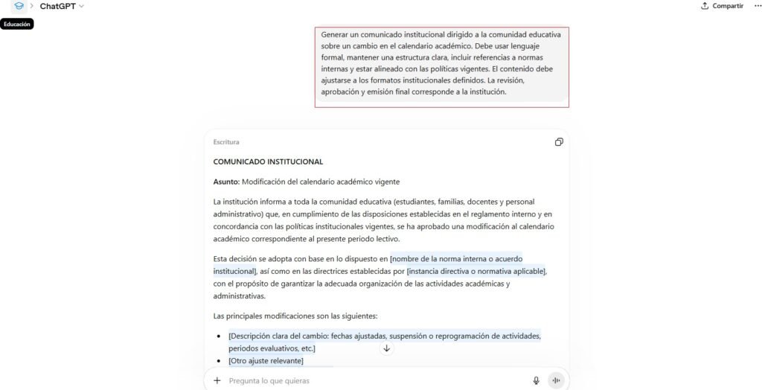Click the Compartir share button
[722, 6]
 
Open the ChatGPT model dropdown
[62, 6]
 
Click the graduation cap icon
[19, 6]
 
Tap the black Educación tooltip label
[16, 24]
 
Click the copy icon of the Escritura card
[559, 142]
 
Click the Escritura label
[226, 142]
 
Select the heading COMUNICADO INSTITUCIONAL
[268, 162]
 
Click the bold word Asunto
[225, 182]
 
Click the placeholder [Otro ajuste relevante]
[266, 361]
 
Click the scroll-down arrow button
[386, 348]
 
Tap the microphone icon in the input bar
[536, 380]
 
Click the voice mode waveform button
[556, 380]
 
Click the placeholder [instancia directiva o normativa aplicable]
[476, 271]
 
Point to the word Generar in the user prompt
[335, 34]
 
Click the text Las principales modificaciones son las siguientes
[295, 316]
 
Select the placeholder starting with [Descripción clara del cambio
[385, 336]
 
